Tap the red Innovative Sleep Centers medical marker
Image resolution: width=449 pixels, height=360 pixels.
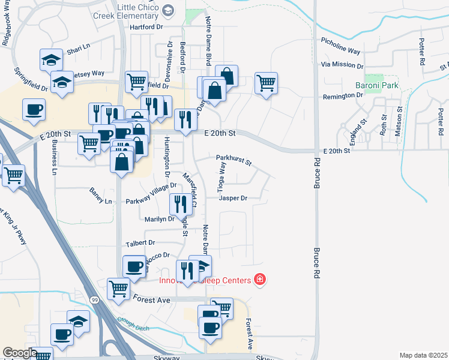point(259,280)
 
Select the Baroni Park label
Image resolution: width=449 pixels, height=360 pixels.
point(376,85)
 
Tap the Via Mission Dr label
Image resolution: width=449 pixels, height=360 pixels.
point(342,65)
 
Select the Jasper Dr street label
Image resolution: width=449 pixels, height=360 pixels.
point(233,197)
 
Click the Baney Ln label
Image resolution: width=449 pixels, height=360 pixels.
point(100,200)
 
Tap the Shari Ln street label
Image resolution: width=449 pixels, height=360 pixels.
point(78,46)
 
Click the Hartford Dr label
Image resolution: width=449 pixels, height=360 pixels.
point(146,27)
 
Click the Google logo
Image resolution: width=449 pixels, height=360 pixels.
point(19,353)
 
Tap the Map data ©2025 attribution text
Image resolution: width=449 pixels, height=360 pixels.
point(423,355)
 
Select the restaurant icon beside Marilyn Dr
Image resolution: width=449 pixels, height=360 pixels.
point(181,204)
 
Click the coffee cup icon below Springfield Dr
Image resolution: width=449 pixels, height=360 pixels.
point(34,109)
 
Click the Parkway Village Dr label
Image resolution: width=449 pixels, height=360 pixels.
point(151,194)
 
